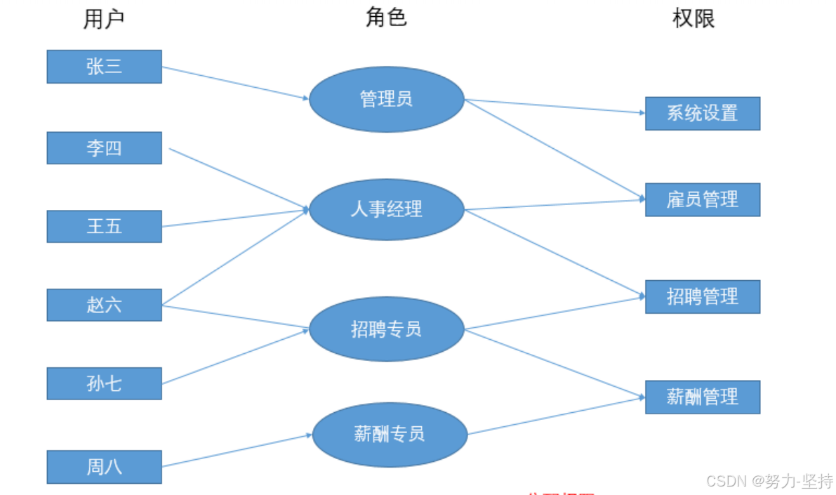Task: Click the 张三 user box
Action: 104,67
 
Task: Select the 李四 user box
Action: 104,148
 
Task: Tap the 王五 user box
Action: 104,226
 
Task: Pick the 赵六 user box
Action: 104,305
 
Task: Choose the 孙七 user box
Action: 104,383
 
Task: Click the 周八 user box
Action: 104,467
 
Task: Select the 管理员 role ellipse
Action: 386,99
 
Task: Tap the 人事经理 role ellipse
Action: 386,209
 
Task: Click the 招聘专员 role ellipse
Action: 386,329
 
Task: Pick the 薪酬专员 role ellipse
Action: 390,435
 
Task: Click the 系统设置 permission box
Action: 702,113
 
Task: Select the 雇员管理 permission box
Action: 702,199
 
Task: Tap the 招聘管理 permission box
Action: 702,296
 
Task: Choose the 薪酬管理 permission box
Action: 702,397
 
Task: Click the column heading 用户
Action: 104,20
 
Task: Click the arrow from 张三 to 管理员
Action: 235,83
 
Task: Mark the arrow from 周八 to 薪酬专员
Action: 237,450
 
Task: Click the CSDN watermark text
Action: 769,481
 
